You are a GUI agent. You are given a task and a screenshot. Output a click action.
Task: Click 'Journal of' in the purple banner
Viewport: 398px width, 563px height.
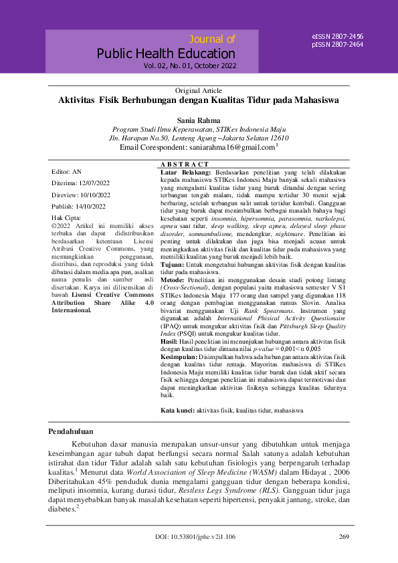tap(213, 39)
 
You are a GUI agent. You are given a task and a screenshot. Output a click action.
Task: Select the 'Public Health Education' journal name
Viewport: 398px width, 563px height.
tap(166, 53)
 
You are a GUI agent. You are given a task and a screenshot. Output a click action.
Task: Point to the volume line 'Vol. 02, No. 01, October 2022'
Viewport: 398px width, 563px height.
tap(189, 66)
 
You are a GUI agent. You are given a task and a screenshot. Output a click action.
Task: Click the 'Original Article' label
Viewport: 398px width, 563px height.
tap(199, 90)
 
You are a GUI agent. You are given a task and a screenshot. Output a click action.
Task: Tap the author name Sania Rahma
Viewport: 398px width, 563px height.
tap(199, 120)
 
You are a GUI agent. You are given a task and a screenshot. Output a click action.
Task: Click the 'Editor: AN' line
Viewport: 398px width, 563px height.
tap(66, 172)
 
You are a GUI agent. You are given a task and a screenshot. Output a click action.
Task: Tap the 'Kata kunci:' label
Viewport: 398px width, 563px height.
tap(177, 409)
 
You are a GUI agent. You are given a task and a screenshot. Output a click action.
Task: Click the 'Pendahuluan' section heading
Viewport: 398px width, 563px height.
tap(72, 432)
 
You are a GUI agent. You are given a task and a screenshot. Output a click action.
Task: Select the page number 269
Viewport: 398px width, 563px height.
tap(344, 537)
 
